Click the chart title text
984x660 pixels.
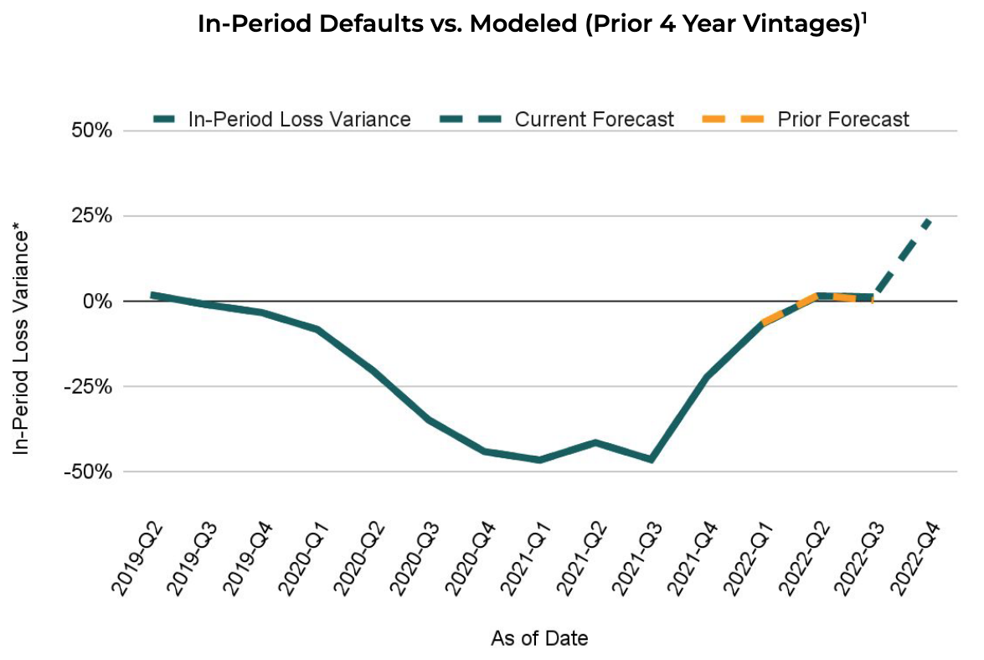click(531, 24)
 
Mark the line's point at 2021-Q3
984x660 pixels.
click(651, 459)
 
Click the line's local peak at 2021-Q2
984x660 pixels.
click(595, 442)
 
